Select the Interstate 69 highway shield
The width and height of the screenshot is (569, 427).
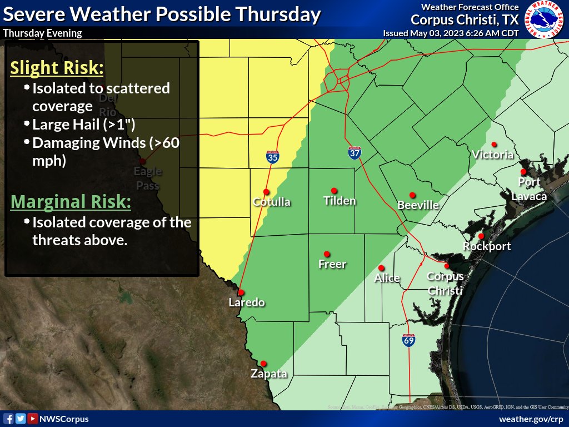click(408, 340)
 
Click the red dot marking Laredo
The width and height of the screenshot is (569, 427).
click(241, 292)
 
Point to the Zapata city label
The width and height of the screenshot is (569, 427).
click(269, 374)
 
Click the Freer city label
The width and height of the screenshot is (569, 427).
click(332, 264)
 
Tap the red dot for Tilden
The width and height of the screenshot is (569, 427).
click(334, 190)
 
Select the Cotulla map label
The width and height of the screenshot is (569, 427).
click(272, 202)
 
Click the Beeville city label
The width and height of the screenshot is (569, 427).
click(418, 205)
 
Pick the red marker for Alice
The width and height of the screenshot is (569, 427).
click(381, 268)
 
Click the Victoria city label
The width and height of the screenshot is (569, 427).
click(492, 155)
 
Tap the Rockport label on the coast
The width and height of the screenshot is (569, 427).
click(487, 246)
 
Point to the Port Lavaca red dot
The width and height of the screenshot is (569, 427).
click(523, 172)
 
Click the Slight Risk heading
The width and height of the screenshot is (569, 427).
click(57, 68)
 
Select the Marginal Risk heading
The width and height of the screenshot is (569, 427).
click(71, 201)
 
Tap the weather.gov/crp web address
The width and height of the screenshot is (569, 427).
click(531, 419)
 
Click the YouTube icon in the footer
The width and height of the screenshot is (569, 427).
click(33, 419)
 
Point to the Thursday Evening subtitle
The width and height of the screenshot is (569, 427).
click(42, 33)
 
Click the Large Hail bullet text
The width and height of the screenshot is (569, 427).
click(83, 124)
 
